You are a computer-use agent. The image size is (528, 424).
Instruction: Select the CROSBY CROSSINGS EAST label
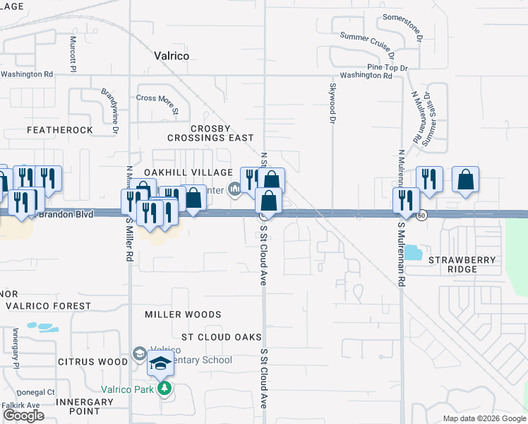point(211,133)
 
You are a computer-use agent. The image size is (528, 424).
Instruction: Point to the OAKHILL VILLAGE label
point(188,172)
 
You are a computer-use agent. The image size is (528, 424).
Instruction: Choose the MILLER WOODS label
point(183,314)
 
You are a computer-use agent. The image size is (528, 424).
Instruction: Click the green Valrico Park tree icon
point(164,388)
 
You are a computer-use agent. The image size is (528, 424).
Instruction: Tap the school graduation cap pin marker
point(160,365)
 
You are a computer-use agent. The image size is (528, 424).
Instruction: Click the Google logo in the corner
point(23,416)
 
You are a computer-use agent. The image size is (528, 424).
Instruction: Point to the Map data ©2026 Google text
point(483,418)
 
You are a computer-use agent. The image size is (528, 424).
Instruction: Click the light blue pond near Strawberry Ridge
point(411,252)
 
